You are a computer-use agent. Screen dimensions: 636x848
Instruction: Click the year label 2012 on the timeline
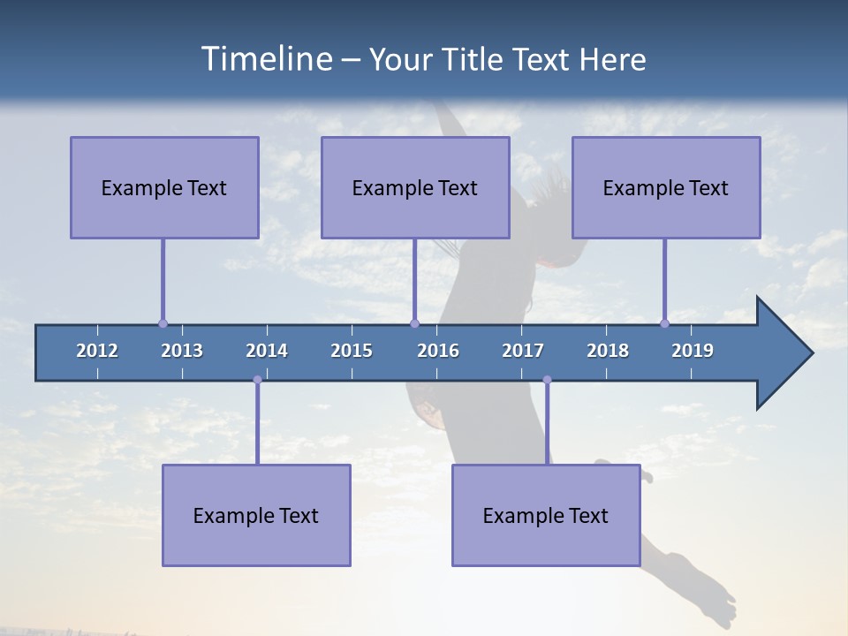point(97,351)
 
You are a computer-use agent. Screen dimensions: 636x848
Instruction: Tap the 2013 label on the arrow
point(182,351)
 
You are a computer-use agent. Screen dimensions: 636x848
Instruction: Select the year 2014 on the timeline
point(267,351)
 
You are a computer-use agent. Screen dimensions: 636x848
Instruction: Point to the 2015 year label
point(352,351)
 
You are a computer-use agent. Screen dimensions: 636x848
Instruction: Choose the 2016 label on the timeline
point(438,351)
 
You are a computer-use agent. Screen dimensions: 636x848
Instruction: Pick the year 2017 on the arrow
point(523,351)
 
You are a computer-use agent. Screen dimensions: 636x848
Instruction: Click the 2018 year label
point(608,351)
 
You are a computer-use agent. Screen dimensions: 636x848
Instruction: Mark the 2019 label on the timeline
point(693,351)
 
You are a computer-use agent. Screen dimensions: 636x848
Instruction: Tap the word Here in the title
point(612,60)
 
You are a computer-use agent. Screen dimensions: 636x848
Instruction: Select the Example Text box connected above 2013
point(164,187)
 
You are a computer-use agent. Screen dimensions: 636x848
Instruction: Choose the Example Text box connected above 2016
point(415,187)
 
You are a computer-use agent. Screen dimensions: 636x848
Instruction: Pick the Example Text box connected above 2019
point(666,187)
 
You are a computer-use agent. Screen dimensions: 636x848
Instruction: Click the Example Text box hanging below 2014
point(256,515)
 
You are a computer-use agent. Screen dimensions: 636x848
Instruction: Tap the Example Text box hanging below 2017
point(546,515)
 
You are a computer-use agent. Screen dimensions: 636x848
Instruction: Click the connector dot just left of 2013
point(163,323)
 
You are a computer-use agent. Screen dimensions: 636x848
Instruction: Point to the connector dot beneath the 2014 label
point(257,380)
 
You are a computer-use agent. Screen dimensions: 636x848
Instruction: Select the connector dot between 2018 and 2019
point(664,323)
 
